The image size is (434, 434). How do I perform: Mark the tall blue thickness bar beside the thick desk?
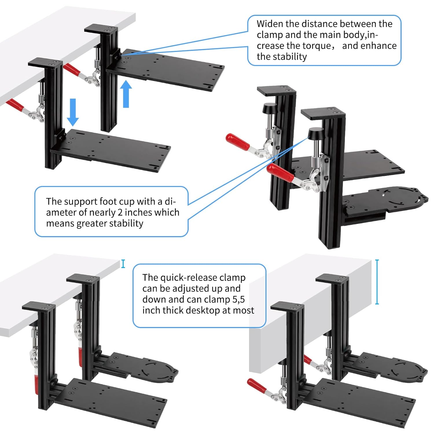[x=377, y=282]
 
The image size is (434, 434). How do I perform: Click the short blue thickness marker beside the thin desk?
[x=123, y=264]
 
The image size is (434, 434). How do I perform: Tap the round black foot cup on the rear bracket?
[x=269, y=109]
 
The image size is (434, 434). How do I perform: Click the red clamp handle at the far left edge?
[x=16, y=106]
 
